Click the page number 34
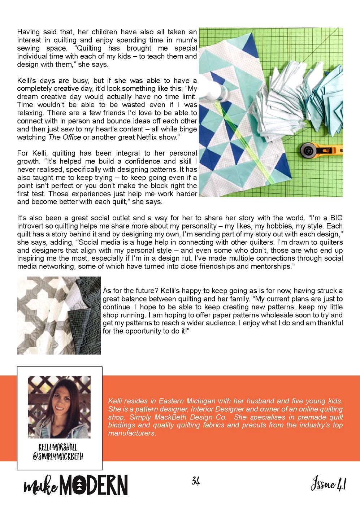(196, 481)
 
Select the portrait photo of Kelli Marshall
(59, 407)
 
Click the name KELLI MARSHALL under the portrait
(58, 448)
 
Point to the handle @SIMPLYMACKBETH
(58, 457)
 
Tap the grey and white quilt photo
(59, 316)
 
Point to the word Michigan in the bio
(201, 401)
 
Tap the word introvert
(31, 226)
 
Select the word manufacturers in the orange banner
(131, 433)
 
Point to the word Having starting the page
(29, 32)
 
